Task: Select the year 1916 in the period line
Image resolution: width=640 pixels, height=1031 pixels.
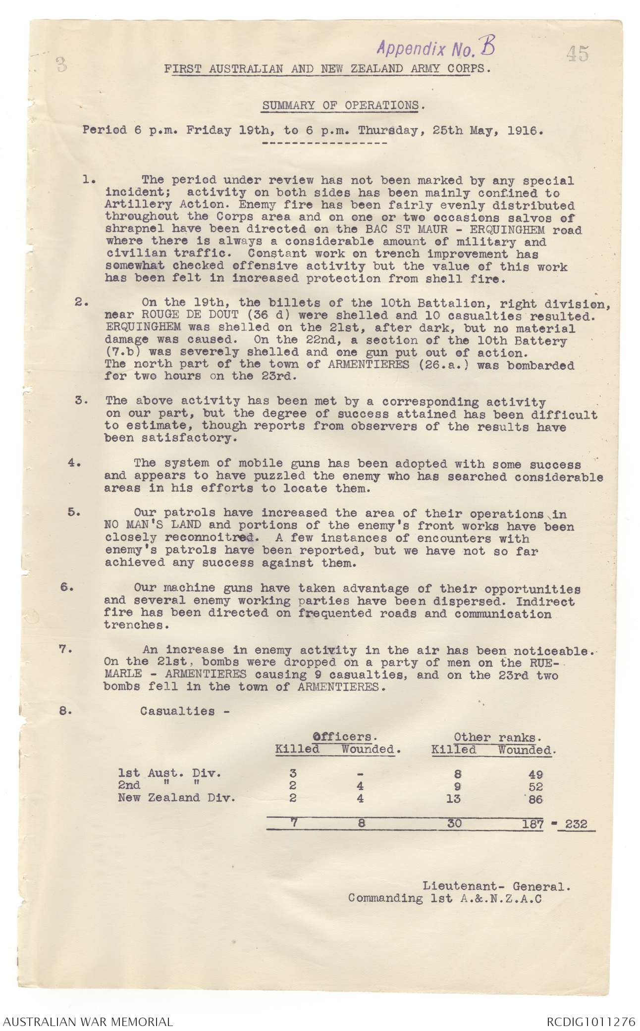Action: coord(525,131)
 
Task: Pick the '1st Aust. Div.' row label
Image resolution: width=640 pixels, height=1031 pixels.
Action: coord(169,773)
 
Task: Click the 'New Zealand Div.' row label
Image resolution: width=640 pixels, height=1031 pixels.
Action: coord(176,798)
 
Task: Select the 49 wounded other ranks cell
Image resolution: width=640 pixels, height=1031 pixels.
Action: coord(535,774)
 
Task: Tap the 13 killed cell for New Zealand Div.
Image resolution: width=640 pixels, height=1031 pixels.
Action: coord(453,798)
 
